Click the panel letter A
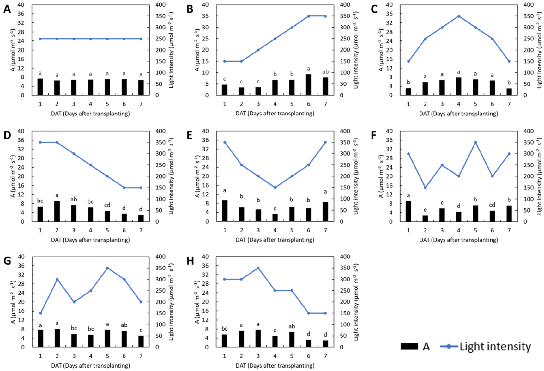[7, 9]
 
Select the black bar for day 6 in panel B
[308, 85]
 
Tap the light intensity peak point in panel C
[458, 16]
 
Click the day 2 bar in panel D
[57, 211]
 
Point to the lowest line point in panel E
[275, 188]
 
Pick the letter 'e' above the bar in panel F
[425, 210]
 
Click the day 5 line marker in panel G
[107, 268]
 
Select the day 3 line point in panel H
[258, 268]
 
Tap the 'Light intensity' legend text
[495, 346]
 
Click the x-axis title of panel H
[275, 365]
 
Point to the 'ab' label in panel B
[325, 72]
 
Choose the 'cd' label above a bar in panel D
[107, 205]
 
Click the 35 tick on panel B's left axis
[205, 16]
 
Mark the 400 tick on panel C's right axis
[529, 5]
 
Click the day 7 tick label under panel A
[141, 104]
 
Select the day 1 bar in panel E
[225, 211]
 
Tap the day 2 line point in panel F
[425, 188]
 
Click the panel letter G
[7, 261]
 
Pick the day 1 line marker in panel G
[40, 313]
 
